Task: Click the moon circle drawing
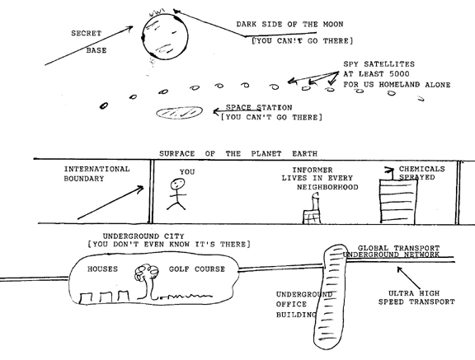point(143,36)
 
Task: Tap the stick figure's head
point(177,184)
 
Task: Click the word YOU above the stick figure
point(187,172)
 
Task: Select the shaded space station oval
point(179,113)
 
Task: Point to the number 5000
point(399,74)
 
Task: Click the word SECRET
point(87,33)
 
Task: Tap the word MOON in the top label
point(333,24)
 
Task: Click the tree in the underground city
point(146,281)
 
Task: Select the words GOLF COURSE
point(197,269)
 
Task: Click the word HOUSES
point(103,269)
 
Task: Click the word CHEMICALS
point(421,169)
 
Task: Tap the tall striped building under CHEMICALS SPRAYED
point(398,202)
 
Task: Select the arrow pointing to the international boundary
point(111,203)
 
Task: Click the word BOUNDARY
point(84,179)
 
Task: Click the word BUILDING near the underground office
point(296,315)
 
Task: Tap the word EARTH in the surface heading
point(305,154)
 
